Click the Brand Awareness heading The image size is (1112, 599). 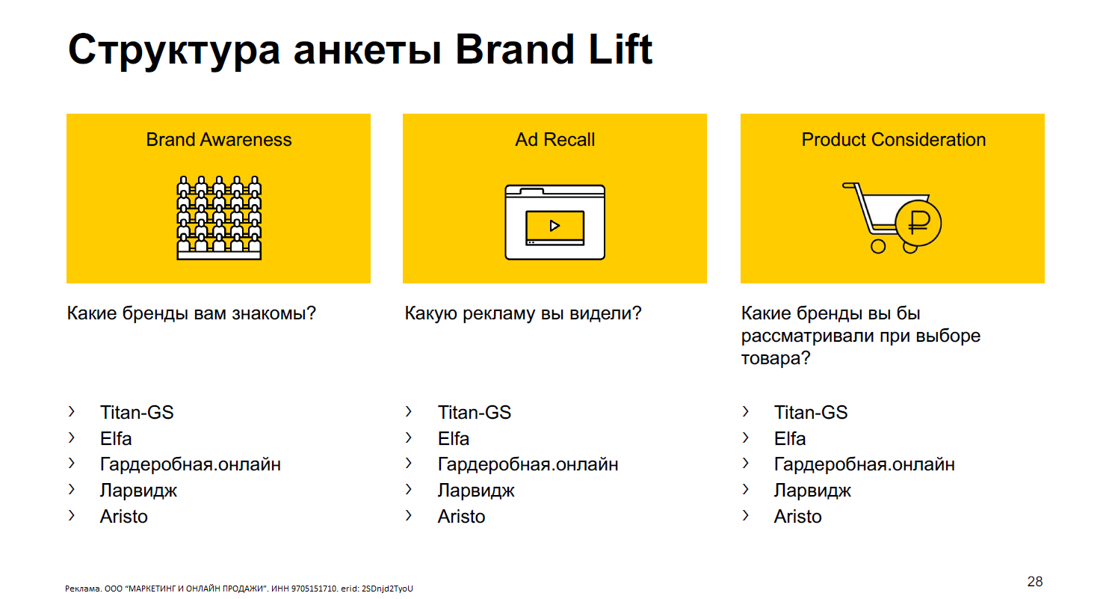218,140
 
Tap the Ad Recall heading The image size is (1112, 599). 555,140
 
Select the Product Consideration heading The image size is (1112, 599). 893,140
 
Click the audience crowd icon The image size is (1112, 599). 219,218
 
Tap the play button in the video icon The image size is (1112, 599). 555,226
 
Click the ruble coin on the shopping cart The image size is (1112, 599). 919,223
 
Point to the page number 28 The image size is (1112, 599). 1035,581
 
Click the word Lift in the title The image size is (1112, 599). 620,49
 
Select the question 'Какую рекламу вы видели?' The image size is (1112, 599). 522,313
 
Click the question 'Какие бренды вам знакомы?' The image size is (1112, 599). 191,313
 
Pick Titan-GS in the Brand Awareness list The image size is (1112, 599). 137,412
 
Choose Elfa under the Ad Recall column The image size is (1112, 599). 453,438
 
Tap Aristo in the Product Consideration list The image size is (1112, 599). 798,517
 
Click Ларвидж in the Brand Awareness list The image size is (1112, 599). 138,491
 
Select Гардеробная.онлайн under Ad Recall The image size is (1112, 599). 528,464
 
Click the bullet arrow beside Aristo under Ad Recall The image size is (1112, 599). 409,515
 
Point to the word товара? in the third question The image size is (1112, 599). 776,358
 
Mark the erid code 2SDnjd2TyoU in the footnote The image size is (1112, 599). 387,589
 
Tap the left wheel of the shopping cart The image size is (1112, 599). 878,246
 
